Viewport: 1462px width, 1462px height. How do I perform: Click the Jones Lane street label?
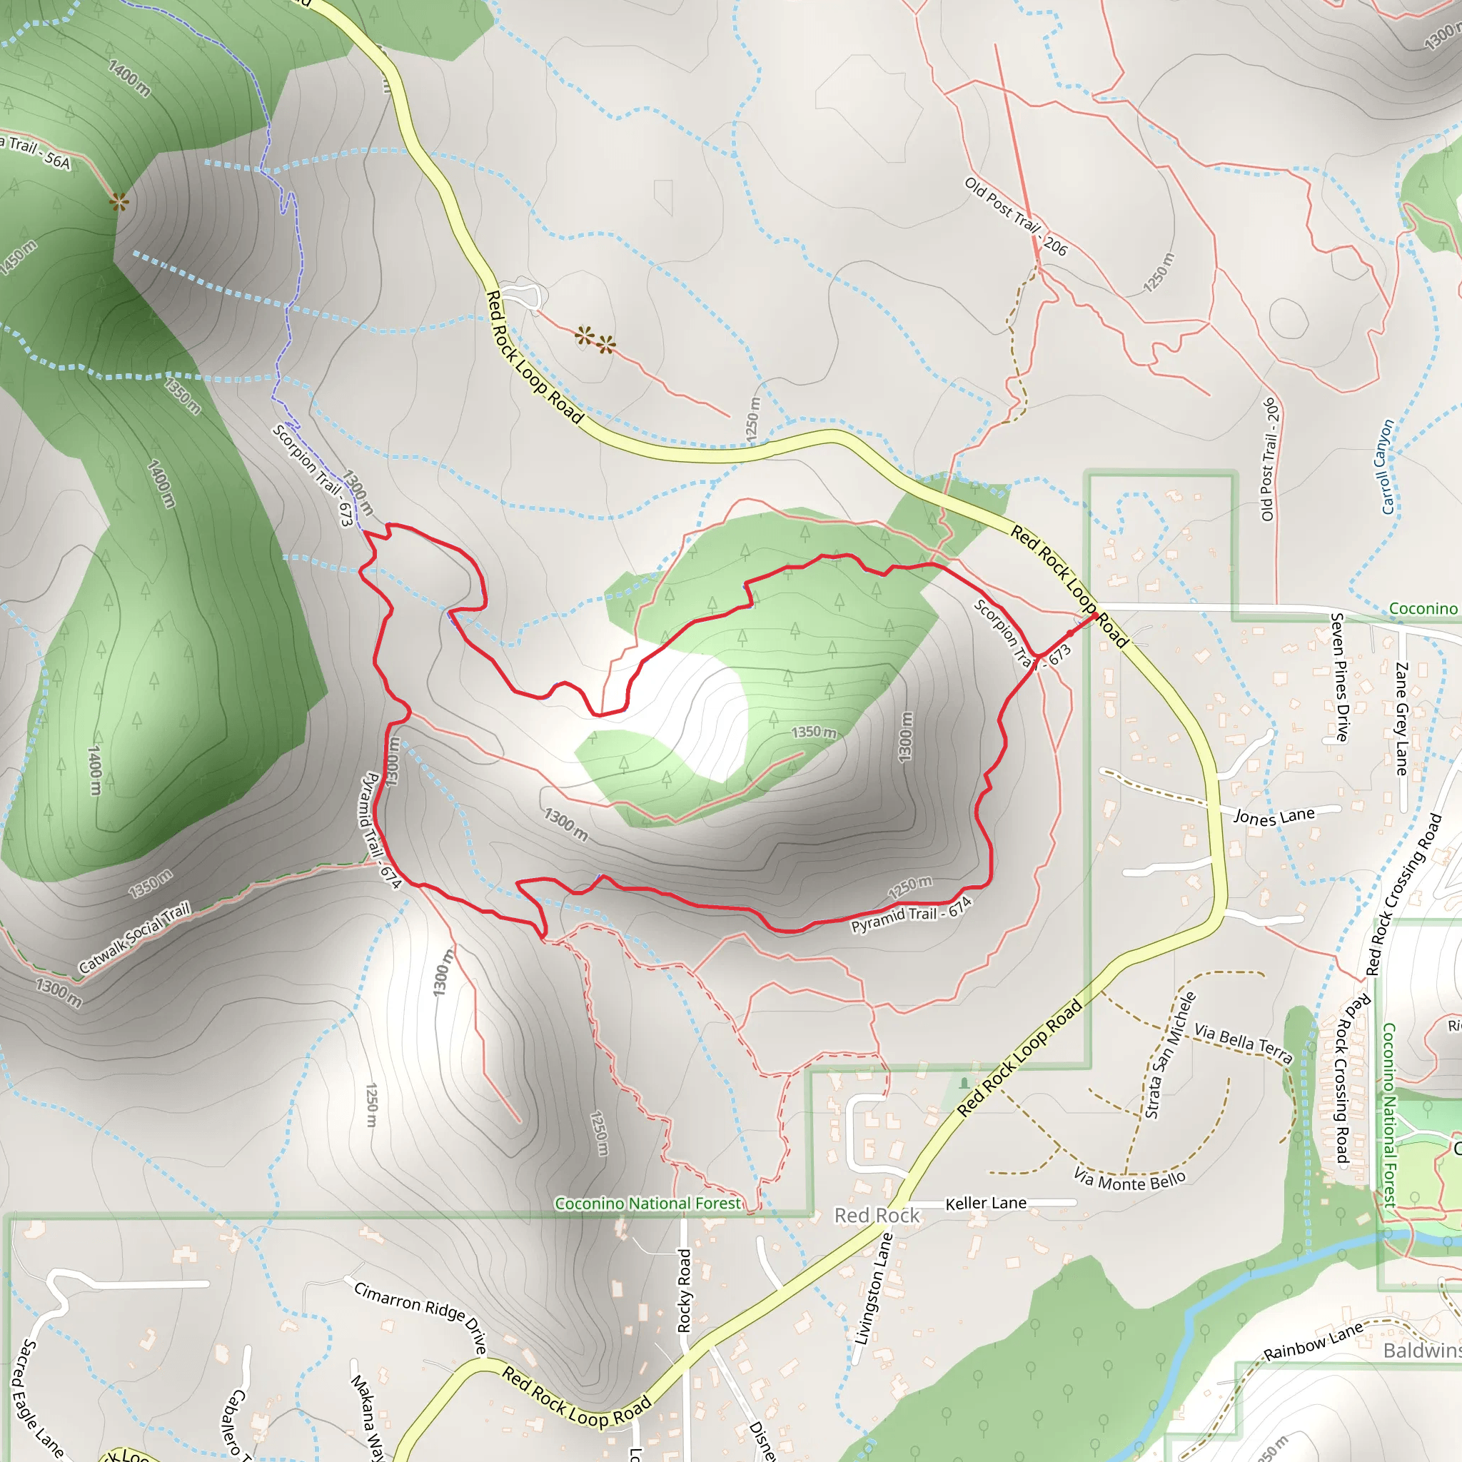(x=1274, y=816)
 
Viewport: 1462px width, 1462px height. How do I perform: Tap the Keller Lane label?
(x=985, y=1203)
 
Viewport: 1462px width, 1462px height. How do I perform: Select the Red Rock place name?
(x=877, y=1215)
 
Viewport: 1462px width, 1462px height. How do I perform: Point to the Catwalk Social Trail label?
(x=135, y=938)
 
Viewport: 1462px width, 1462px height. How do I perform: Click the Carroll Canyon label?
(x=1387, y=467)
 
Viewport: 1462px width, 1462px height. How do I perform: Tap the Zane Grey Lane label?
(x=1401, y=719)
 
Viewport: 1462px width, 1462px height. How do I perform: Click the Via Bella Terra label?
(x=1243, y=1044)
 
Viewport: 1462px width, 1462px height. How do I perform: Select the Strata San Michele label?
(x=1170, y=1055)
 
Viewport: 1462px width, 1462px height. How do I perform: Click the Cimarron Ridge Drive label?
(x=420, y=1316)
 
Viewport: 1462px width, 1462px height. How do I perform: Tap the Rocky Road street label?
(x=684, y=1290)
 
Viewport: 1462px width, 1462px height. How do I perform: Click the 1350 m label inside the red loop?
(x=814, y=732)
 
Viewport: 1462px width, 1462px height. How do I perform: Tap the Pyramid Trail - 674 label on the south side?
(x=911, y=914)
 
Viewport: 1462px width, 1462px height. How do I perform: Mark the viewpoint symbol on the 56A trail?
(x=118, y=201)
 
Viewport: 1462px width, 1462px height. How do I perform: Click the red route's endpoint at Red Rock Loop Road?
(x=1094, y=616)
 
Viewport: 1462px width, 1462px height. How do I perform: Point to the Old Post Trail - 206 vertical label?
(x=1269, y=458)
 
